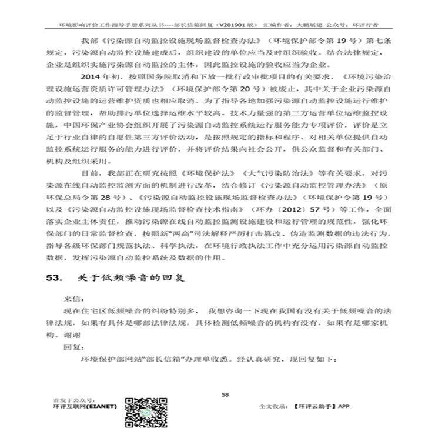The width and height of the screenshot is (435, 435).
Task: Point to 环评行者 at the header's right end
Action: click(364, 26)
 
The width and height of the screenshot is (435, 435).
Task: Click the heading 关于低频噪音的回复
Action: click(123, 277)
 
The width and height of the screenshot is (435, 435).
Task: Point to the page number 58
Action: click(225, 394)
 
